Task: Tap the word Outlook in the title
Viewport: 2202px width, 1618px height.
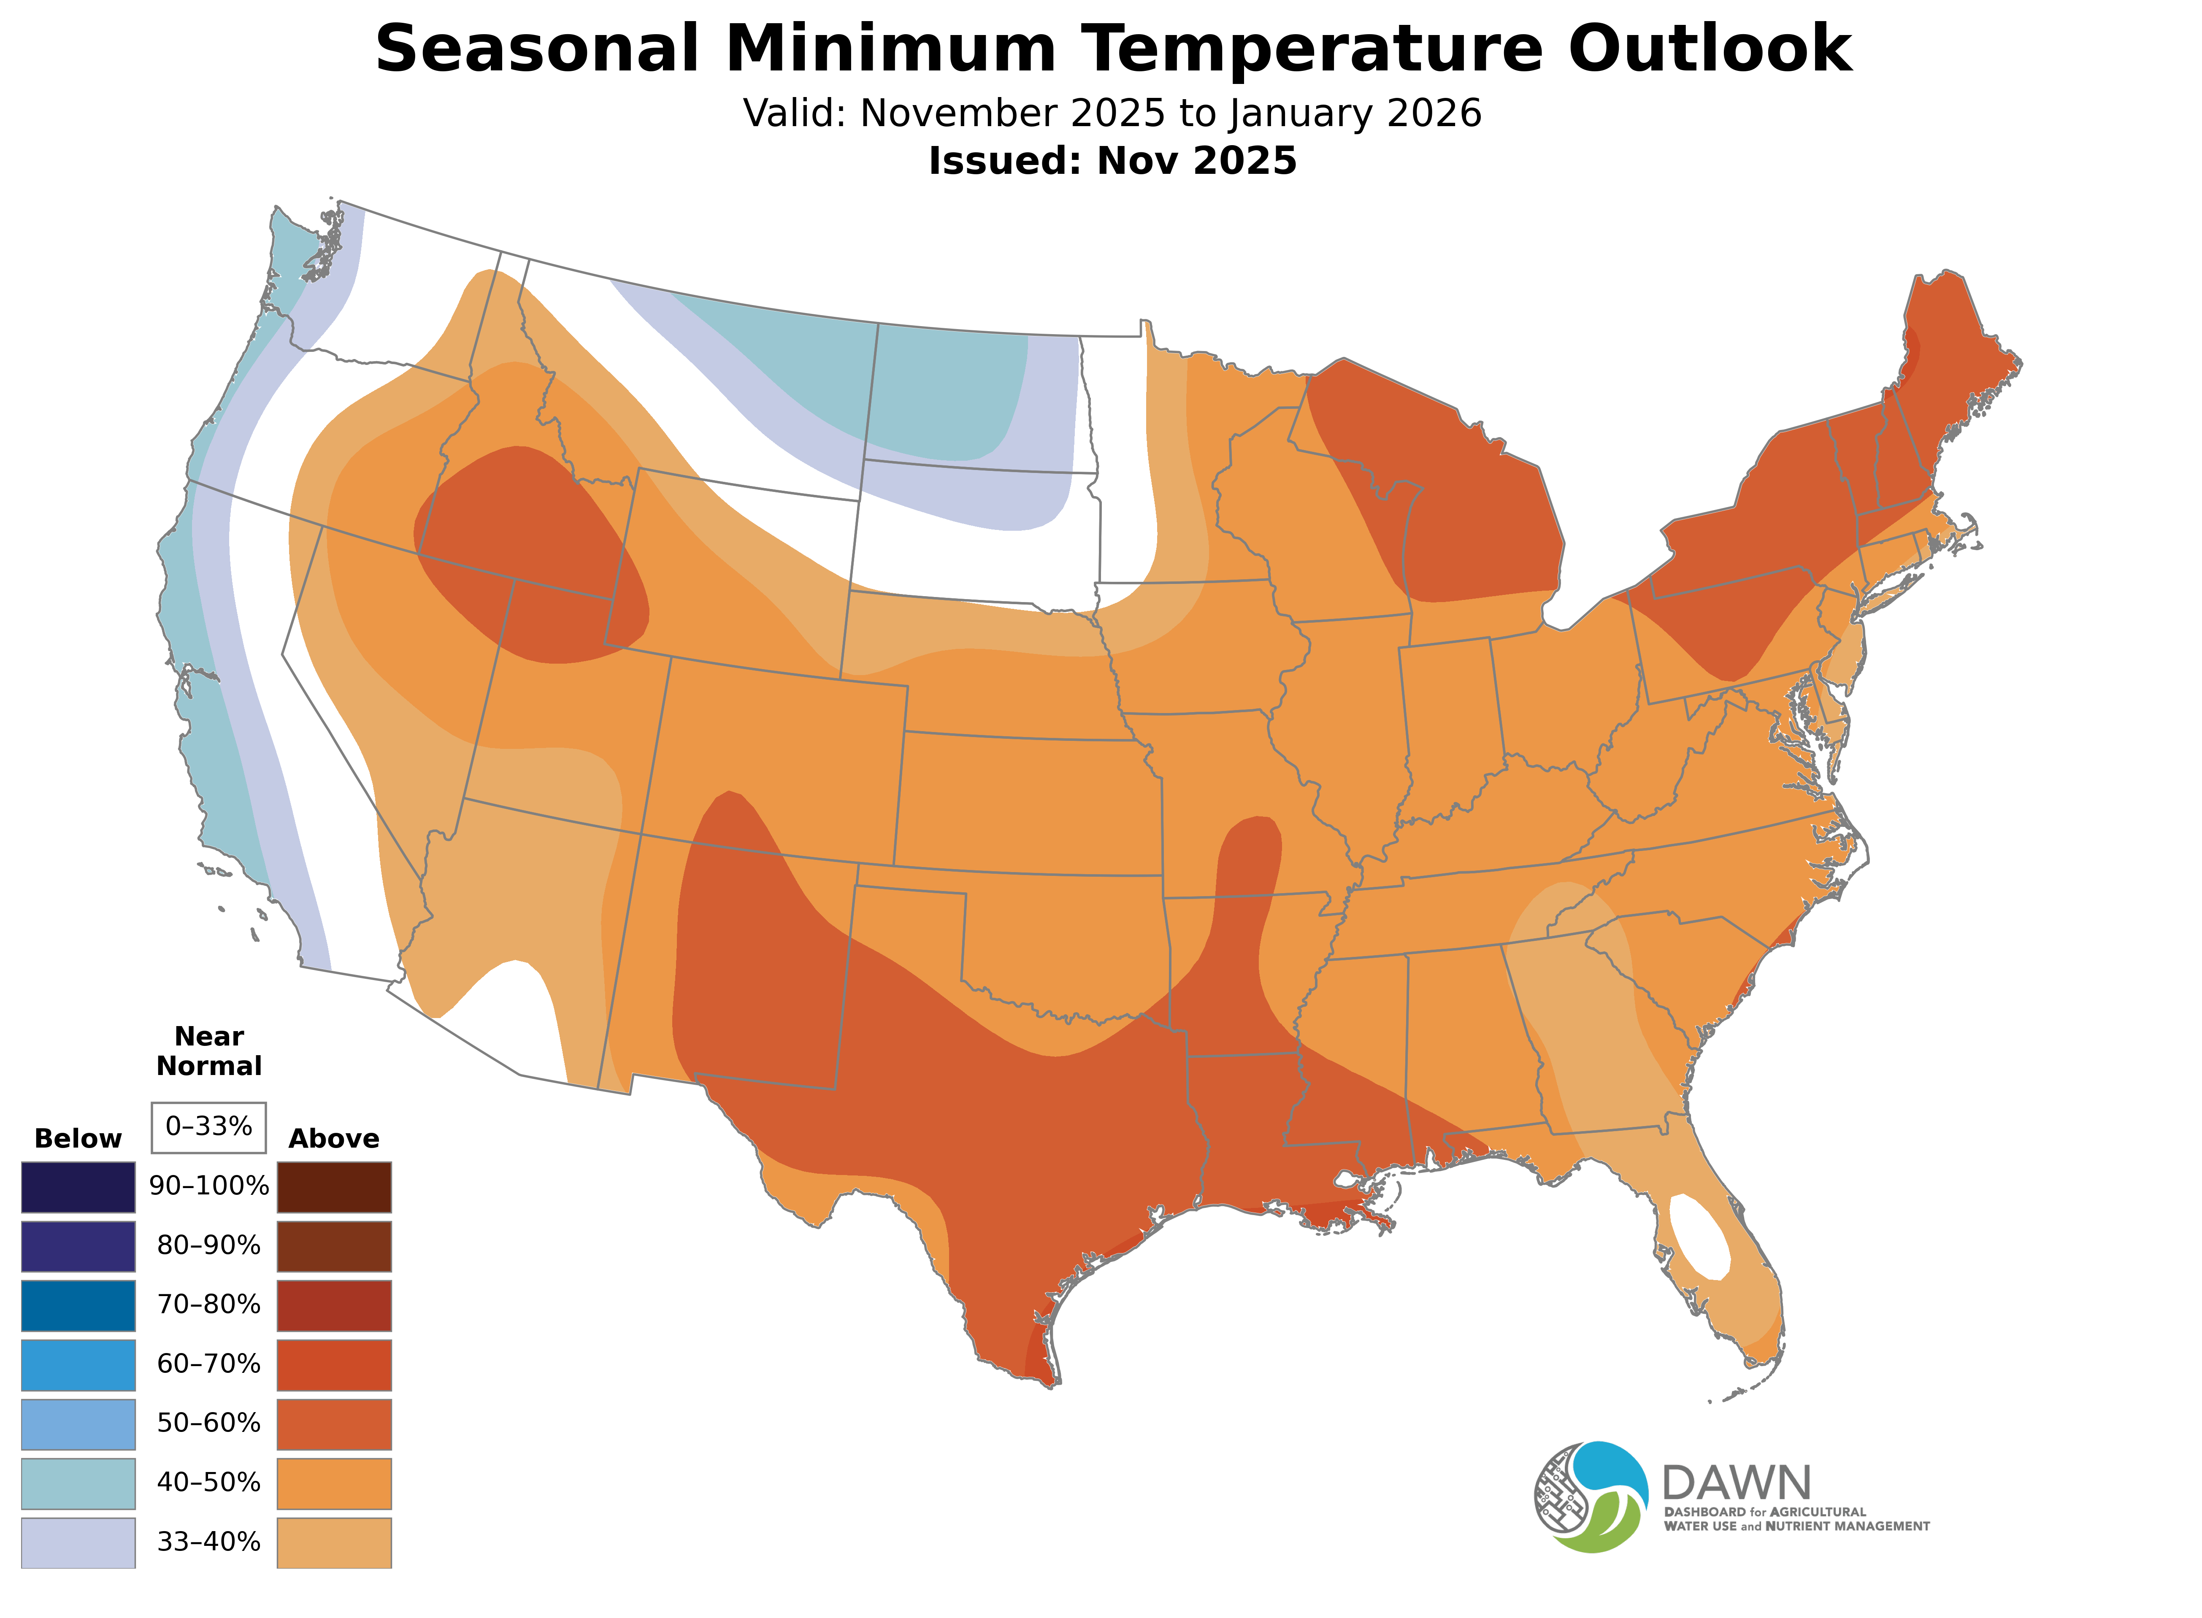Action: click(1709, 49)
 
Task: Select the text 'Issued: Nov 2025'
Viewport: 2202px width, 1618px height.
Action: click(1112, 161)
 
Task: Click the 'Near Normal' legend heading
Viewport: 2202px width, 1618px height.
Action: click(208, 1051)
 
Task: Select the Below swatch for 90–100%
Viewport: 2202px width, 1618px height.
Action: click(78, 1187)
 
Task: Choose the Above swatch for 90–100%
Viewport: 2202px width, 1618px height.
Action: click(334, 1187)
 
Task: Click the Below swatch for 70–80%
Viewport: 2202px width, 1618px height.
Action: click(78, 1305)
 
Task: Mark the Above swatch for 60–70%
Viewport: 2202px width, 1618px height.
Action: click(334, 1364)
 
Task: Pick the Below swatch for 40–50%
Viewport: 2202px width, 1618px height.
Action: click(78, 1483)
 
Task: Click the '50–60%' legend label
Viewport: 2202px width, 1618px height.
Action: click(208, 1423)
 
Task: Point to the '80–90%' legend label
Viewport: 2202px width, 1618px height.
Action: click(208, 1246)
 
